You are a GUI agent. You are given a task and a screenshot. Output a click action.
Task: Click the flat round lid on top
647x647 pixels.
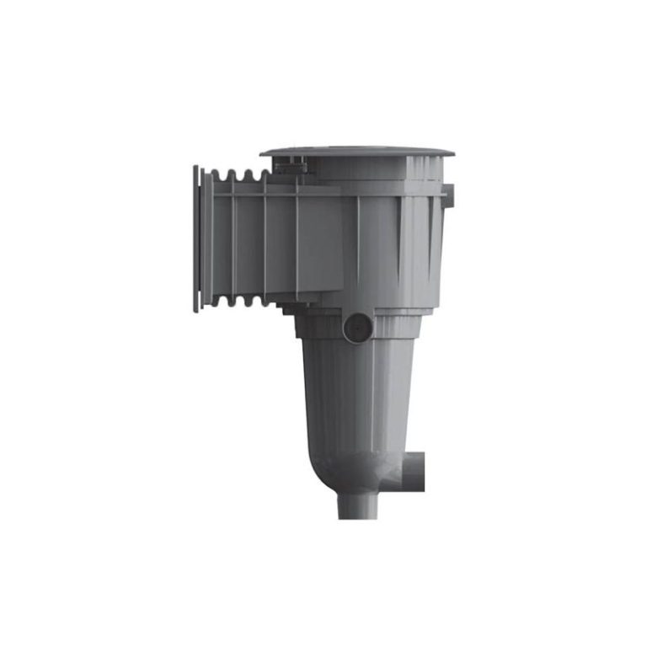[x=357, y=152]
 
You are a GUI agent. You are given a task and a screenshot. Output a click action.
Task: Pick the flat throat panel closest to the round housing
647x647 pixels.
[x=318, y=244]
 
